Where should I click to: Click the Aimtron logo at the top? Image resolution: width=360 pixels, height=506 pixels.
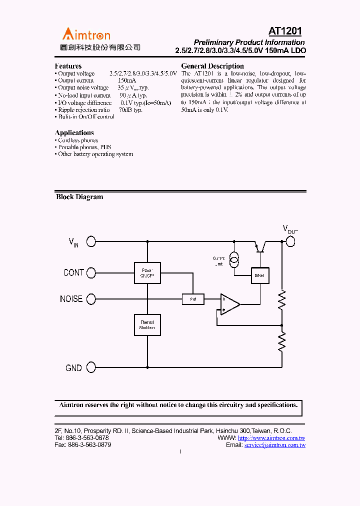(86, 34)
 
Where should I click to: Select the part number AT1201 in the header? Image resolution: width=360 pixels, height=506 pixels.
(285, 31)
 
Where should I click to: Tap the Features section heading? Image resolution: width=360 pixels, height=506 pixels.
(68, 66)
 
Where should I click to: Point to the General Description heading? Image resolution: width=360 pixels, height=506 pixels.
(212, 66)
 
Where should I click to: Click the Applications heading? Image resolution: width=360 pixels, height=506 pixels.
(74, 132)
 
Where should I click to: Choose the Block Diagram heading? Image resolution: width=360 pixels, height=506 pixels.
(79, 197)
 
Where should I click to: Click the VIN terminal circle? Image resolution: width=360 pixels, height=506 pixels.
(91, 241)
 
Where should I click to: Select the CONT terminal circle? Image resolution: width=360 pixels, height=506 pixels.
(91, 272)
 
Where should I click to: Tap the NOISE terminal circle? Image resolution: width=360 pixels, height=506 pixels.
(91, 299)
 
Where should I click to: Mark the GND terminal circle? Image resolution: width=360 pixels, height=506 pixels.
(91, 367)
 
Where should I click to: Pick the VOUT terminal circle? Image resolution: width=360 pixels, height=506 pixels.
(290, 241)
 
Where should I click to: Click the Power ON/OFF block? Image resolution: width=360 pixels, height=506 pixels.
(147, 273)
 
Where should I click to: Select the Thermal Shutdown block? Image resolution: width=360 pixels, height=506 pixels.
(147, 325)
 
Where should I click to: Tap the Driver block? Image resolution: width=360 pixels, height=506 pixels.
(259, 275)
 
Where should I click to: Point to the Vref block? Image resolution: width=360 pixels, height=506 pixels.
(192, 299)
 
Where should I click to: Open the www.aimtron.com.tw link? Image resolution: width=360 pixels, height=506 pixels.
(271, 438)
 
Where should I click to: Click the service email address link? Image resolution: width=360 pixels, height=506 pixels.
(274, 445)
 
